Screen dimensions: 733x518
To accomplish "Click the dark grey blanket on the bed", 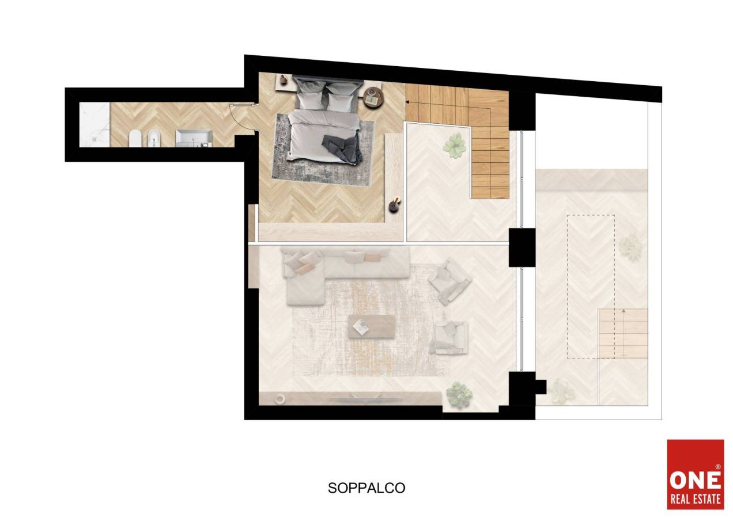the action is click(x=341, y=148).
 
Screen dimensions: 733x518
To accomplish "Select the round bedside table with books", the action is click(x=373, y=97).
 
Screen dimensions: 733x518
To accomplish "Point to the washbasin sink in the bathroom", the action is click(x=194, y=138).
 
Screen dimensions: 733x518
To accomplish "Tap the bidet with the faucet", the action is click(x=153, y=139).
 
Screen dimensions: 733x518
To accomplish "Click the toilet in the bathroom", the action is click(x=134, y=139).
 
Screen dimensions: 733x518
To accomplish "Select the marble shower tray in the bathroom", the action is click(x=95, y=125).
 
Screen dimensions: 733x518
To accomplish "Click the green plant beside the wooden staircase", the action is click(x=455, y=146).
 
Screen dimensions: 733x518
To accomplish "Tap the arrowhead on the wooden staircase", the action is click(x=407, y=102).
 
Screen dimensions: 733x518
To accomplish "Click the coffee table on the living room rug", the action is click(x=372, y=326).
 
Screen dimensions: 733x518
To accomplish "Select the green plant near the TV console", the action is click(x=459, y=394).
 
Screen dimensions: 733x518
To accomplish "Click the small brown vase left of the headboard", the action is click(x=284, y=79).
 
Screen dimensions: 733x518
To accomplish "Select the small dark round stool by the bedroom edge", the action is click(x=394, y=206).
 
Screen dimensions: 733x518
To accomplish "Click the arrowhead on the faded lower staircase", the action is click(x=624, y=310).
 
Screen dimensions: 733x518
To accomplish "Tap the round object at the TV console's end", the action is click(x=280, y=399).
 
